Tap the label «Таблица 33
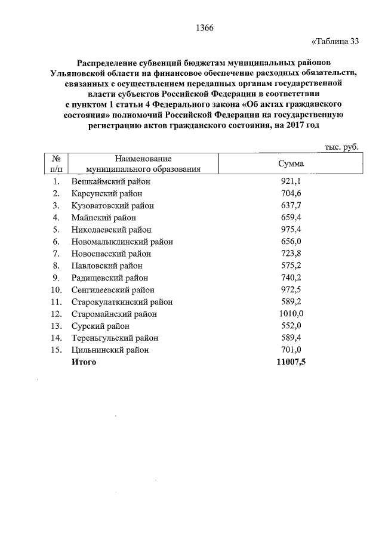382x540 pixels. (335, 41)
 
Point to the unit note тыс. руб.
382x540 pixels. (341, 147)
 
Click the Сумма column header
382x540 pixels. (291, 163)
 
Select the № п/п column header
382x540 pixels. (56, 163)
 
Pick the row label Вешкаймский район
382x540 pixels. (110, 181)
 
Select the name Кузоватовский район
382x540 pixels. (113, 205)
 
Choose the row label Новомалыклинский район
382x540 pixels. (122, 242)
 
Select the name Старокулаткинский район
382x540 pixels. (121, 302)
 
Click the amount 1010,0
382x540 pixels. (291, 314)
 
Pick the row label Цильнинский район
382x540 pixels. (110, 350)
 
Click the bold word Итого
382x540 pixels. (84, 362)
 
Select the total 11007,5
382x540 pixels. (291, 362)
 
